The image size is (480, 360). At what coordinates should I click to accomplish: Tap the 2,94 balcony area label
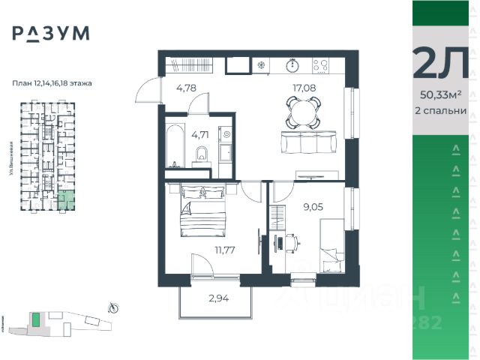pyautogui.click(x=219, y=298)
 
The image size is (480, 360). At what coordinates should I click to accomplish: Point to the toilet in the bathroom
pyautogui.click(x=200, y=154)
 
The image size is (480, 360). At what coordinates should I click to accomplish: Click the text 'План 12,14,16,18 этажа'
pyautogui.click(x=52, y=83)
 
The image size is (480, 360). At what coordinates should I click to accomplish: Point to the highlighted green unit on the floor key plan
pyautogui.click(x=67, y=200)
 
